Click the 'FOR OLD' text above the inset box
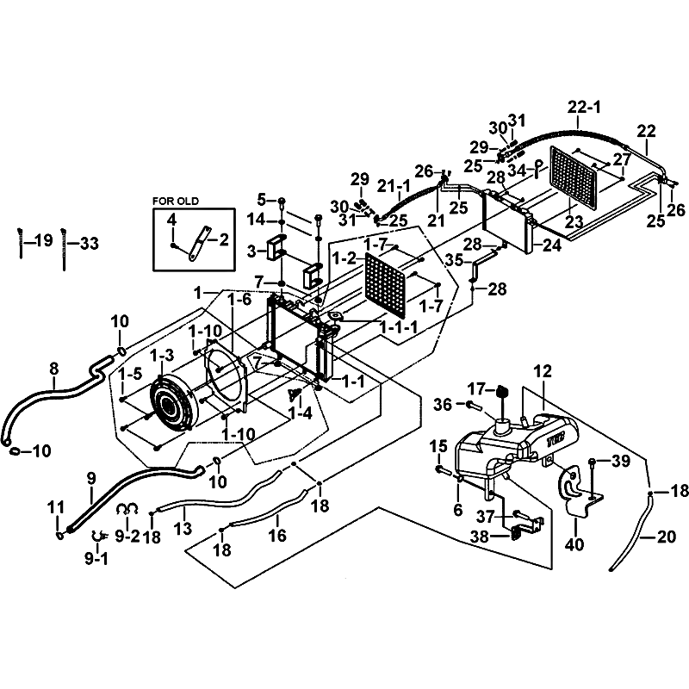(176, 202)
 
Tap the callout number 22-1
(584, 107)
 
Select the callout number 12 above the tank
(543, 371)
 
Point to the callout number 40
(574, 544)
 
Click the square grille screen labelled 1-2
(385, 285)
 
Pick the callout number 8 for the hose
(53, 369)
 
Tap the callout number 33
(90, 243)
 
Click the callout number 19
(44, 240)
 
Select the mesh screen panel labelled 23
(574, 178)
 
